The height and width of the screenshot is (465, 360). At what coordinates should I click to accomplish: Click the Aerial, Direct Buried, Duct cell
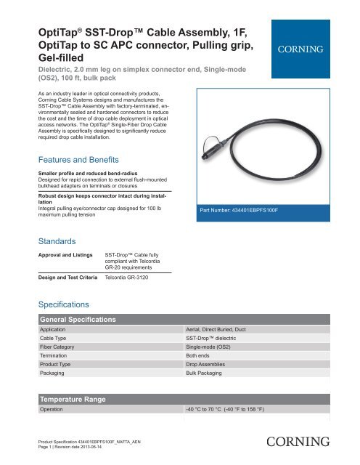225,330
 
